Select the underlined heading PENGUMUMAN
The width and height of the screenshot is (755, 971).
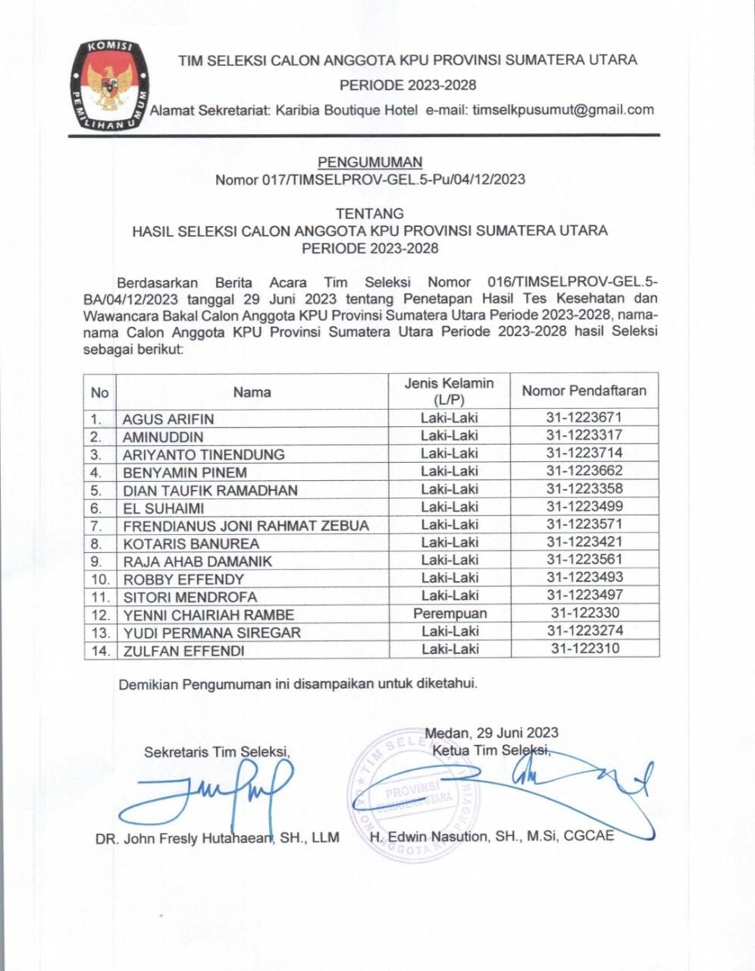(370, 162)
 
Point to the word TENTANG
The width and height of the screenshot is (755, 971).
(370, 214)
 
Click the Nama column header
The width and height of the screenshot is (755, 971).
(252, 392)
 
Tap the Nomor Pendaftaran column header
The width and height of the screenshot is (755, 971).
(584, 391)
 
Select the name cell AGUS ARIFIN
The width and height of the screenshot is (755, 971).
(168, 420)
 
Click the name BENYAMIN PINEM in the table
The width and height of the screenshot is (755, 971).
(185, 473)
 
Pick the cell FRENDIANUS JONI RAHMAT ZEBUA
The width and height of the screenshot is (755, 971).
(246, 526)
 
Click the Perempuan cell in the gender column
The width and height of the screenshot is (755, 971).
(450, 614)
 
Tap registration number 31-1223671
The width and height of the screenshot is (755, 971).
(584, 418)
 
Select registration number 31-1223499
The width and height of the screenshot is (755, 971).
(584, 507)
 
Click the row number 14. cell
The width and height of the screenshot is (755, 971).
(100, 651)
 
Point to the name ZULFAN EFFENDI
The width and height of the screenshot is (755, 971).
(183, 651)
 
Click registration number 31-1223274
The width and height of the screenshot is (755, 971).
(584, 631)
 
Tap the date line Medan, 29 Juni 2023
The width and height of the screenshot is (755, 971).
(491, 733)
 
